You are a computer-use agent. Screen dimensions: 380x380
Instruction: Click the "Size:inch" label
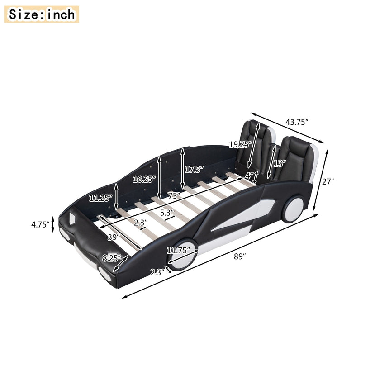(42, 14)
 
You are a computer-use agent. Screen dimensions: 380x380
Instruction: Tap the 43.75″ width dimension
(296, 122)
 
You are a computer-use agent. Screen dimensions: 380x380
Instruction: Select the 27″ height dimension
(328, 181)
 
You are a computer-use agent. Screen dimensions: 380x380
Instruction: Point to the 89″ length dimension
(240, 256)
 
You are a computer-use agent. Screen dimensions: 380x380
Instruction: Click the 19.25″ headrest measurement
(240, 145)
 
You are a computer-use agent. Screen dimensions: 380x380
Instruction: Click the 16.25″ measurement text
(144, 179)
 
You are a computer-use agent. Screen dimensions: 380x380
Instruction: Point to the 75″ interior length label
(173, 195)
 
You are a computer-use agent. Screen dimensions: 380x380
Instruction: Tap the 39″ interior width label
(114, 237)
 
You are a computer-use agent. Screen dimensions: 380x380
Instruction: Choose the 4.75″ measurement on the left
(39, 223)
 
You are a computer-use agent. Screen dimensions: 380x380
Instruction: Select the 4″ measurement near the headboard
(249, 175)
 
